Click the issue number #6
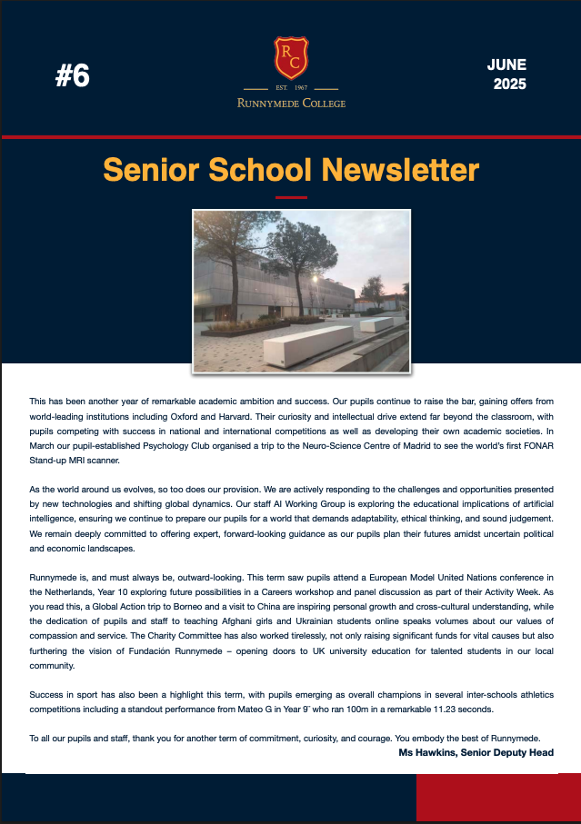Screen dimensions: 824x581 (x=73, y=77)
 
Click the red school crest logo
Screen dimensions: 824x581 (x=291, y=57)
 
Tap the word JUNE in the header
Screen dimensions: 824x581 (x=506, y=65)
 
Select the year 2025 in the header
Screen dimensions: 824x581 (x=509, y=85)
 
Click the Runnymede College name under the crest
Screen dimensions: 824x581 (x=291, y=103)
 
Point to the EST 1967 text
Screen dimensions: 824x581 (x=291, y=88)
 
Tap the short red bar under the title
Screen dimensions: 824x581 (x=291, y=196)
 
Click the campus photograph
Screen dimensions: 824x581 (x=301, y=290)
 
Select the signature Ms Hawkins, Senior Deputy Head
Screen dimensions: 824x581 (x=476, y=752)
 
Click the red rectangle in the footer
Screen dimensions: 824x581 (x=498, y=799)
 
